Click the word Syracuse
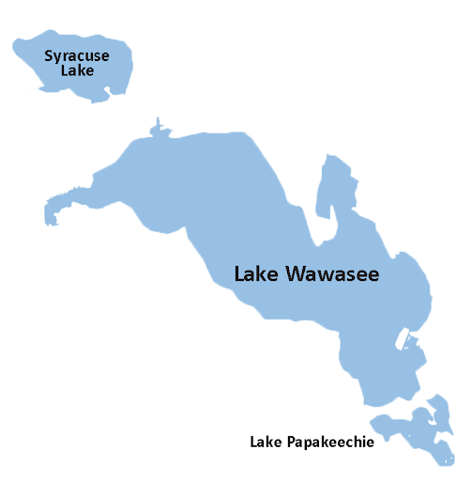coord(77,56)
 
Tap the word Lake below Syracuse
coord(77,70)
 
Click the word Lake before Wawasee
coord(252,274)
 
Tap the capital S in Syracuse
coord(50,56)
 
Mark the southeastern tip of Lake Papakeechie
coord(448,460)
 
